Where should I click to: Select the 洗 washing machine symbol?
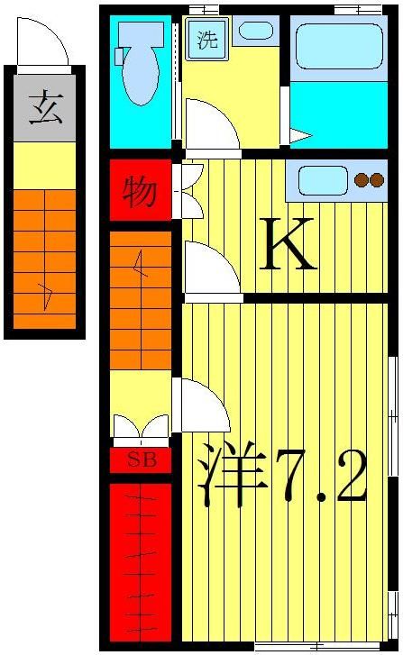pos(207,41)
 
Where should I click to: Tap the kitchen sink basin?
pos(318,180)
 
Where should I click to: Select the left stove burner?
pos(362,180)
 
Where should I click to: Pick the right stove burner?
pos(377,180)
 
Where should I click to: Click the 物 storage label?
pos(139,191)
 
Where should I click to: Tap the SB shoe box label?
pos(141,460)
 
